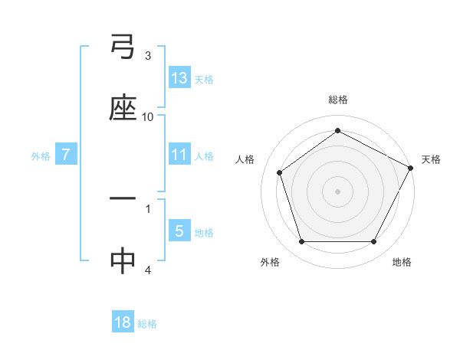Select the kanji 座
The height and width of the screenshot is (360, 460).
click(x=123, y=107)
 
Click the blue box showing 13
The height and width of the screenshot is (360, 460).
click(x=179, y=77)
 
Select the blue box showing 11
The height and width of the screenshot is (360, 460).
click(x=179, y=155)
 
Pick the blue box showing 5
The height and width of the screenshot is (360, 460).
click(x=179, y=231)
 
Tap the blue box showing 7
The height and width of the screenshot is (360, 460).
click(x=66, y=155)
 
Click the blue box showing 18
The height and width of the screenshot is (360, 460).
click(x=123, y=322)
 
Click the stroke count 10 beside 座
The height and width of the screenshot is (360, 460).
click(x=148, y=117)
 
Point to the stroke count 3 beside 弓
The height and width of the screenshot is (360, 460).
click(x=148, y=55)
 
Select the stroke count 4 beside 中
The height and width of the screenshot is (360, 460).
click(x=148, y=270)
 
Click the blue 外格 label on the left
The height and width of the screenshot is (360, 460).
click(x=41, y=155)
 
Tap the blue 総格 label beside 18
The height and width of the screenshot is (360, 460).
click(x=147, y=324)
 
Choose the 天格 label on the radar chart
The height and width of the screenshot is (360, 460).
click(x=431, y=159)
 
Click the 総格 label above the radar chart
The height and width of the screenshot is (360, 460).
click(x=338, y=100)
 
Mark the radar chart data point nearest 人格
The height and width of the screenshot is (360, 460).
click(x=280, y=172)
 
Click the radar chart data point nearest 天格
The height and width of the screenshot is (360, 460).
click(x=411, y=167)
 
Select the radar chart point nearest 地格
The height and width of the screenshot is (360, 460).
click(x=373, y=241)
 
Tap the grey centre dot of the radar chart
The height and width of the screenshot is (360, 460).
click(x=337, y=191)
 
